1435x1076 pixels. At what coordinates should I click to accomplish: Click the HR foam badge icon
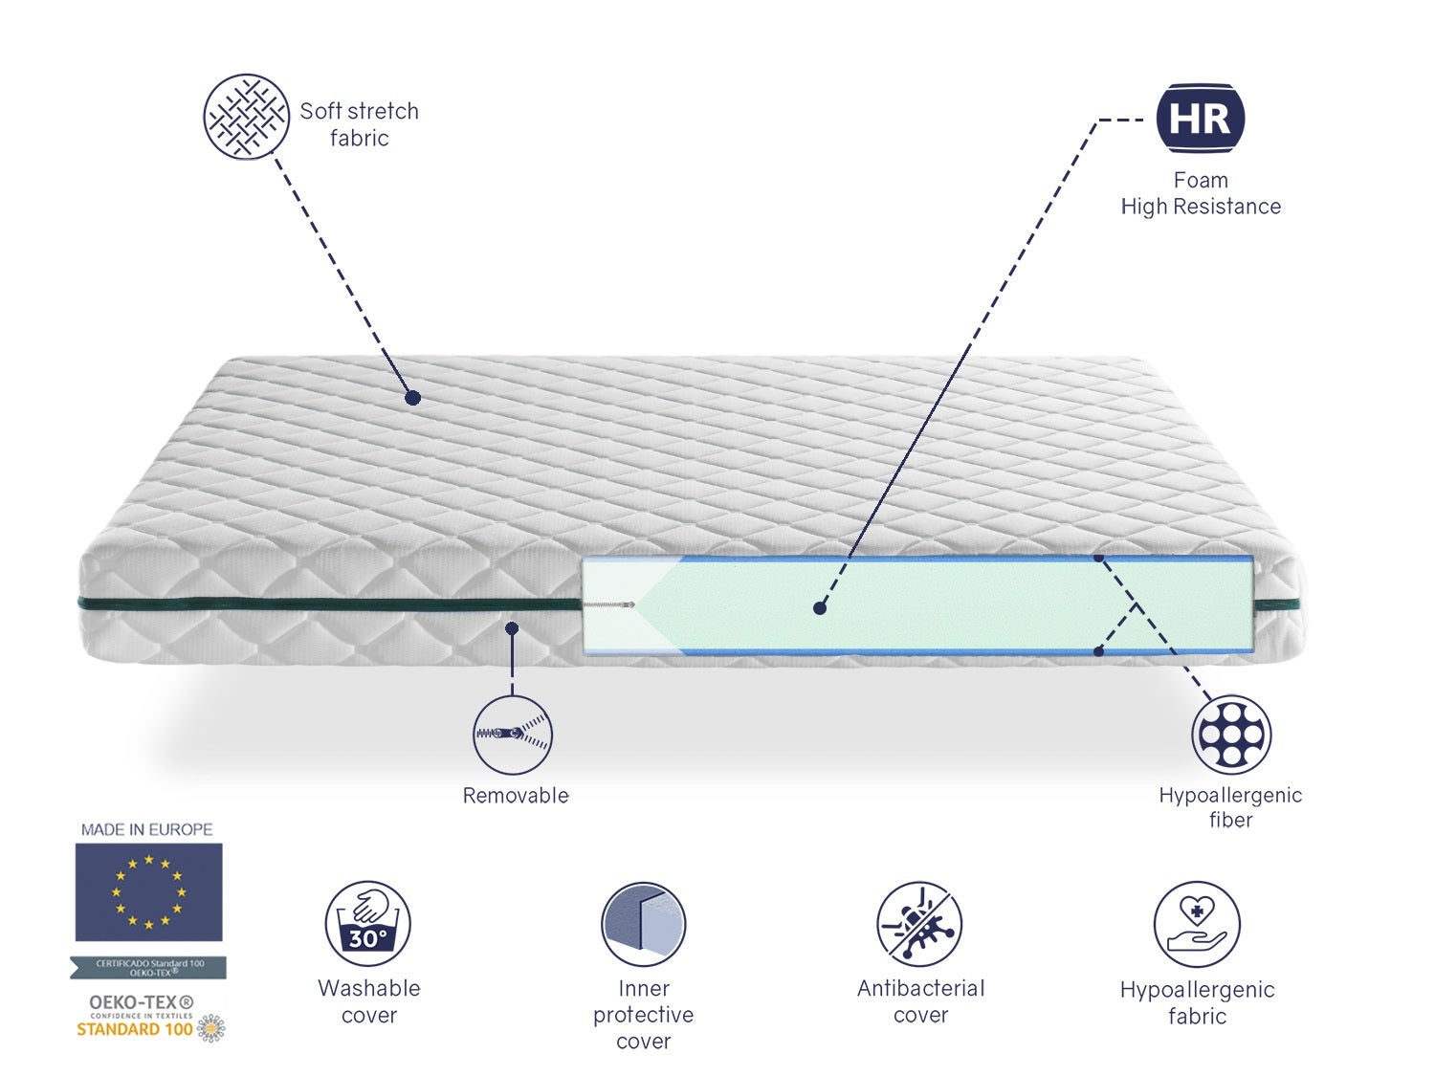pos(1201,119)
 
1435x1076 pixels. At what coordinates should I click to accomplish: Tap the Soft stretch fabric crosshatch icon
pos(246,117)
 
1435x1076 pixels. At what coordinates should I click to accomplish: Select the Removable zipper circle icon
pos(513,735)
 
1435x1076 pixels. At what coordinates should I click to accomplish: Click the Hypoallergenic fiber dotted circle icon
pos(1231,735)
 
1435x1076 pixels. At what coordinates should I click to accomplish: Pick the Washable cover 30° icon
pos(368,924)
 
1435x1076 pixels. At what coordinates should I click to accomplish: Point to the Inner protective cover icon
pos(643,924)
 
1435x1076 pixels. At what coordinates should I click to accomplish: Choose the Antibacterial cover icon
pos(919,924)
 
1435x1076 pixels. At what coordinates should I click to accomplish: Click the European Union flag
pos(149,891)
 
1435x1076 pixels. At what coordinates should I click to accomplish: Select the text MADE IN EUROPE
pos(147,829)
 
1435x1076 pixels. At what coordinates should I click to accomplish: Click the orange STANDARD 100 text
pos(135,1030)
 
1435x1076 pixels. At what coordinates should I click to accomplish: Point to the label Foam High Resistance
pos(1201,193)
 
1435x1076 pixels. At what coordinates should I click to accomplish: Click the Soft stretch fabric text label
pos(360,124)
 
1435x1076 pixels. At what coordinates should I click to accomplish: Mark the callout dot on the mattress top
pos(412,397)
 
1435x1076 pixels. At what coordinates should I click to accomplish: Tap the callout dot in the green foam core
pos(820,607)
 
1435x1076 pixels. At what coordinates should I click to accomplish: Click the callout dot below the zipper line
pos(512,628)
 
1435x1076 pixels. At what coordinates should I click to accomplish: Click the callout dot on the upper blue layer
pos(1099,557)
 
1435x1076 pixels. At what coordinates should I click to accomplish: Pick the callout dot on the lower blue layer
pos(1099,651)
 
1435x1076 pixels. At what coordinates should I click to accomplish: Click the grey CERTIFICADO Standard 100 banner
pos(149,968)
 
